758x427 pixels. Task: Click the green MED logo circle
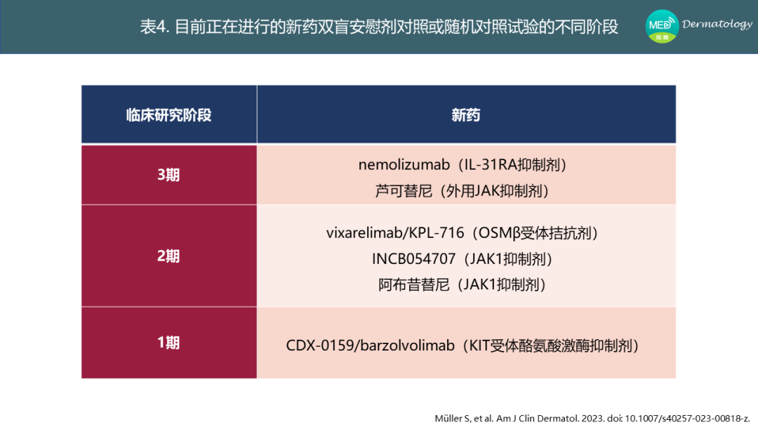662,26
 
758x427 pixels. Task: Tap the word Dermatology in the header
717,24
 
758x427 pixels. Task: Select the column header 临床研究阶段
168,115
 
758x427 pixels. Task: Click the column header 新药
466,115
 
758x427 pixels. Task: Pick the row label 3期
168,175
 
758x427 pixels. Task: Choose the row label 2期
168,256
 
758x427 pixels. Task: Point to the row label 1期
168,343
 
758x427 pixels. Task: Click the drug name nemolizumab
404,165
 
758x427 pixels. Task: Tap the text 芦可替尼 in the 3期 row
404,191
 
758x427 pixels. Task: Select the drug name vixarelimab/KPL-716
395,233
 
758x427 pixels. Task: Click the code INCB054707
414,259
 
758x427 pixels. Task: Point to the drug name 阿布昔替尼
414,285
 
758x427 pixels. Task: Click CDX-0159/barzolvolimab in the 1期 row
371,346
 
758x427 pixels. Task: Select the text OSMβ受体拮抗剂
533,233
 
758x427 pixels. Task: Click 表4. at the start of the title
154,27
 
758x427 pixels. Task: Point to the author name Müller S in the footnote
453,419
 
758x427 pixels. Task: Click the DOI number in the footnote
687,419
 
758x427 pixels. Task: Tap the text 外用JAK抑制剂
492,191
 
